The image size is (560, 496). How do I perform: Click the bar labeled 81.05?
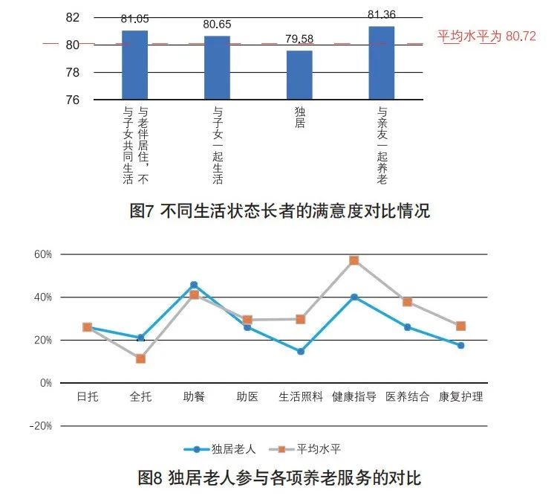[x=134, y=65]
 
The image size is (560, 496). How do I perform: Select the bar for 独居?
[x=299, y=74]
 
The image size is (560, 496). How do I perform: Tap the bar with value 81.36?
[x=382, y=62]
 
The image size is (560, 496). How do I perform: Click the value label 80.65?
[x=217, y=25]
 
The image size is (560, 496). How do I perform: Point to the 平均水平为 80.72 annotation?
[x=486, y=36]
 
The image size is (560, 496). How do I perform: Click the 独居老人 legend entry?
[x=225, y=448]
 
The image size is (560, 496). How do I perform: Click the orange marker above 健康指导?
[x=354, y=260]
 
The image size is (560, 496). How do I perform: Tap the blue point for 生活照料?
[x=301, y=352]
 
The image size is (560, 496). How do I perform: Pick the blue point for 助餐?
[x=194, y=285]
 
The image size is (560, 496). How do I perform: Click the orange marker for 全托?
[x=140, y=358]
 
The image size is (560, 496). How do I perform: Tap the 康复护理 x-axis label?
[x=461, y=396]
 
